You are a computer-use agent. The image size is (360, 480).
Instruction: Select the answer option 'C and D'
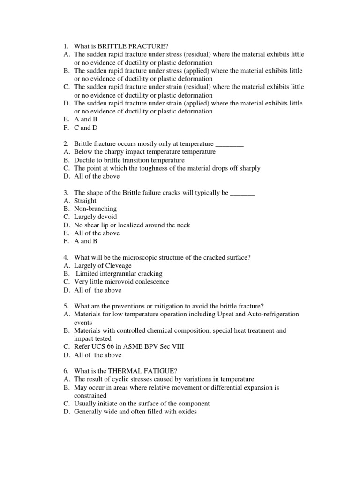click(86, 127)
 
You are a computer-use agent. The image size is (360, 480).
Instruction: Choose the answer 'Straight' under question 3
click(85, 201)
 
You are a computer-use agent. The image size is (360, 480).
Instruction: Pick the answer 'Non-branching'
click(96, 209)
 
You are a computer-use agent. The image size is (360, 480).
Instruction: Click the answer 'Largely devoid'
click(96, 217)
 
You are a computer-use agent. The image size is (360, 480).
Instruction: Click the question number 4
click(66, 257)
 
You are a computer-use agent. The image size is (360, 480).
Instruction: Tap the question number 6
click(66, 371)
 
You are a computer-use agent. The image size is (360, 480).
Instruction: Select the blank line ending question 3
click(243, 193)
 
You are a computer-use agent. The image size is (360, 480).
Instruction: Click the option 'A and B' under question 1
click(86, 120)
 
